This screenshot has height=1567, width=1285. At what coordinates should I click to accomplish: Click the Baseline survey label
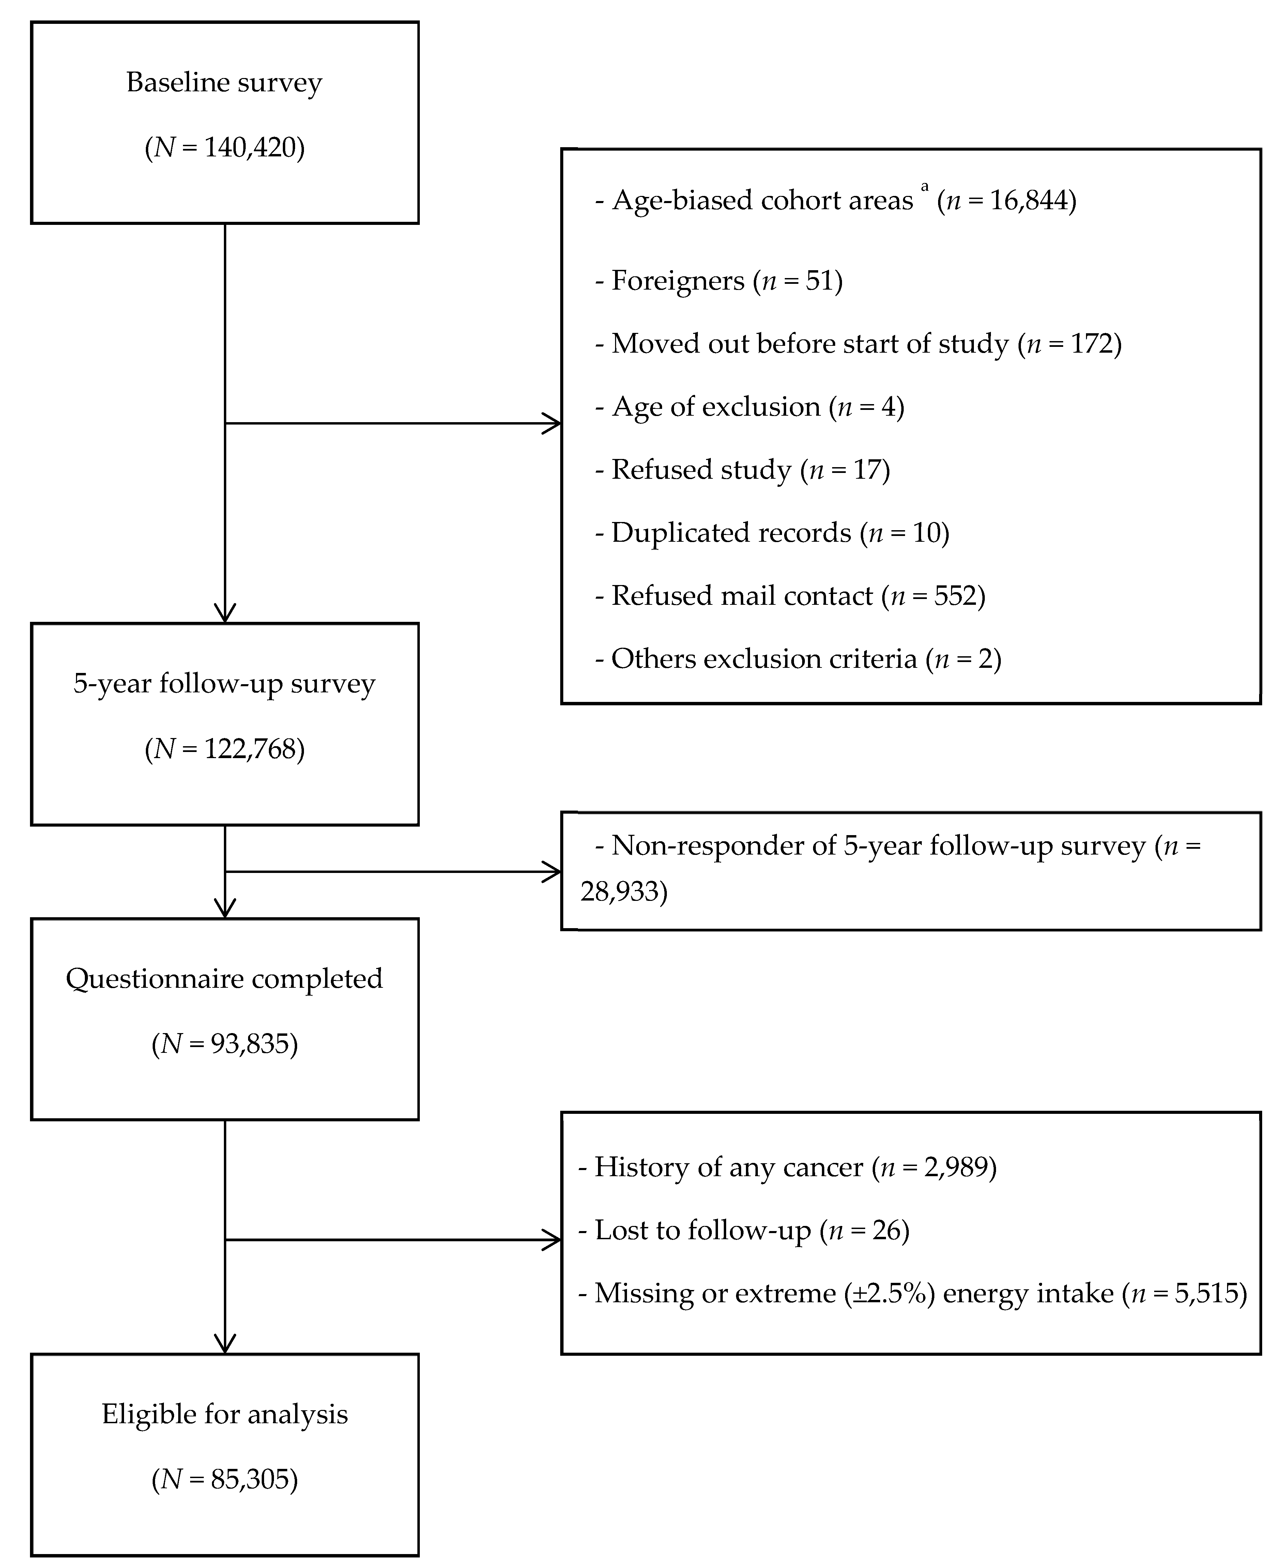coord(224,82)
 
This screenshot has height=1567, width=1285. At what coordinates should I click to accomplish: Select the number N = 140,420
coord(224,148)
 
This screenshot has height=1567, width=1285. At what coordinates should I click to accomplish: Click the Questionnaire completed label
coord(224,979)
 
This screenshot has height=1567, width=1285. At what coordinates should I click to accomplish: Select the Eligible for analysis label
coord(224,1414)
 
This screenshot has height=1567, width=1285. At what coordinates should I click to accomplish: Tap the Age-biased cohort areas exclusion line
coord(835,201)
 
